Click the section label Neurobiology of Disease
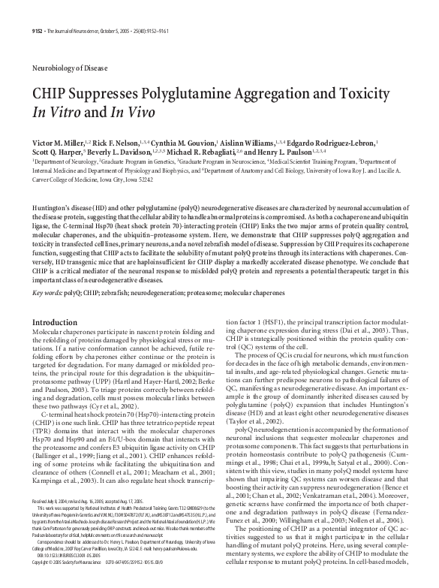68,67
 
